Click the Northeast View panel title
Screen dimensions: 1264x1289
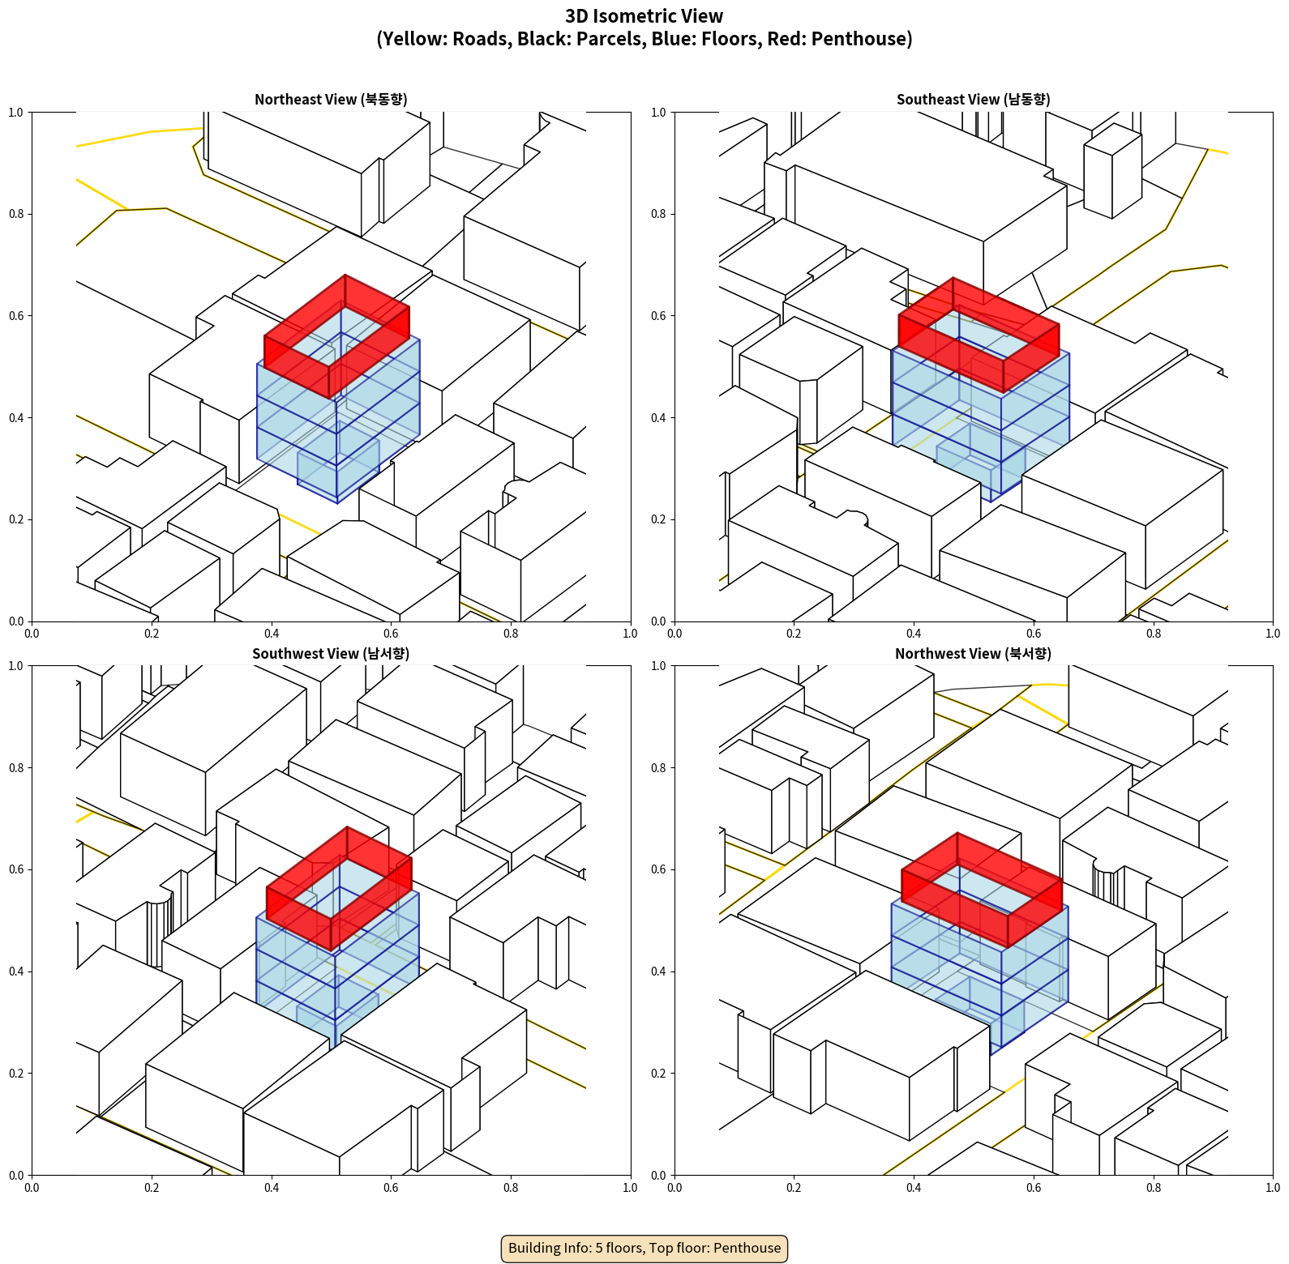331,100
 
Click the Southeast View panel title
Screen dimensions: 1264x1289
973,100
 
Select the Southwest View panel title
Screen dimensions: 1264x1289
331,654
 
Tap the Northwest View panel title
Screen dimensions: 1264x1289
973,654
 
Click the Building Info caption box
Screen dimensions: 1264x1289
644,1248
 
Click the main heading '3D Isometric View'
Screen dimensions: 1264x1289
644,16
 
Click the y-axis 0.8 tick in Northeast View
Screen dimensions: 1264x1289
16,214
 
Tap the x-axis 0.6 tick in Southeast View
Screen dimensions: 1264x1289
1034,634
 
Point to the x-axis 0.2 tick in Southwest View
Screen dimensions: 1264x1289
152,1188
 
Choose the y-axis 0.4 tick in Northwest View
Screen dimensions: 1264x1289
659,971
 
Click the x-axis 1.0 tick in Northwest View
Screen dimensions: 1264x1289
1273,1188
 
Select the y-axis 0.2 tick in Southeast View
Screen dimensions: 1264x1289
659,519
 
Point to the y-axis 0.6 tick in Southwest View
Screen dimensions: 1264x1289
16,869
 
